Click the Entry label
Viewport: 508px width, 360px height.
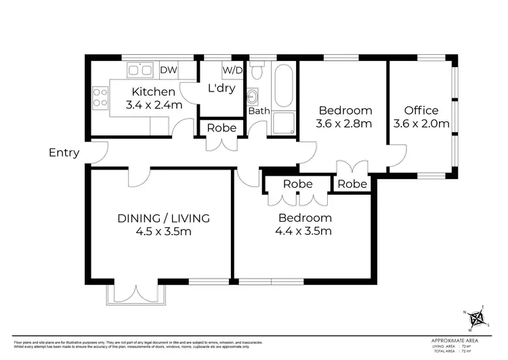(x=64, y=153)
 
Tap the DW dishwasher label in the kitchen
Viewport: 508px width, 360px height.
(x=168, y=69)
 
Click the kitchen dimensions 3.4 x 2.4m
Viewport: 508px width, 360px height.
(x=154, y=105)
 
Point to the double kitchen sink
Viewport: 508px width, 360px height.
(x=139, y=69)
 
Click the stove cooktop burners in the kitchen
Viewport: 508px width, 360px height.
(x=100, y=98)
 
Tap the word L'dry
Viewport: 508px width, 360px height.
(x=221, y=88)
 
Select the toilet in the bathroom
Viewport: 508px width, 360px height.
(x=257, y=70)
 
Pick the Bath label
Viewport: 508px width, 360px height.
(x=259, y=111)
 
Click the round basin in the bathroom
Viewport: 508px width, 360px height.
(x=255, y=96)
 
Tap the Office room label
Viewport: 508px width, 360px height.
(x=421, y=111)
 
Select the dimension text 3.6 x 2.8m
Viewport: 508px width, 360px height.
(x=344, y=123)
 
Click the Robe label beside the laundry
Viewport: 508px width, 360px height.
(x=221, y=127)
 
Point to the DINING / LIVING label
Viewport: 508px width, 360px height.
(x=163, y=218)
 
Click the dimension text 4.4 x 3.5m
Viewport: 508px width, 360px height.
(x=305, y=231)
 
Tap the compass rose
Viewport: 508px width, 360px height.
(x=480, y=317)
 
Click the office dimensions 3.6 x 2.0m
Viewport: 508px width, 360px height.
(x=421, y=123)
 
